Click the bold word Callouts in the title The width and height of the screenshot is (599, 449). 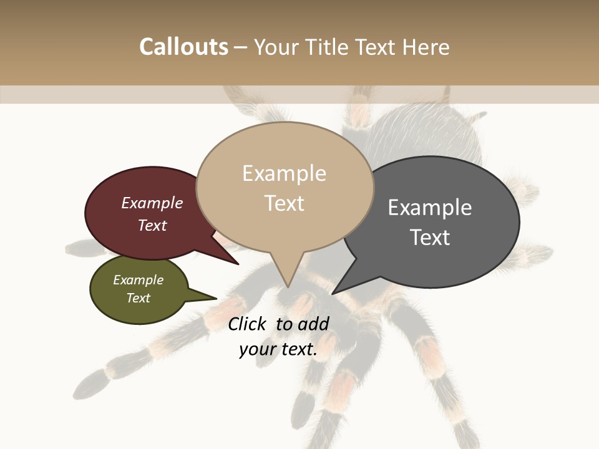tap(183, 47)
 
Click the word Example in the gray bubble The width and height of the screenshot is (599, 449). tap(430, 208)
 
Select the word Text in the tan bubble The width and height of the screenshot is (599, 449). tap(285, 203)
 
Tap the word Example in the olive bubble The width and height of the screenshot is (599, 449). tap(138, 280)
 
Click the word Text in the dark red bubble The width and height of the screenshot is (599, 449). tap(152, 225)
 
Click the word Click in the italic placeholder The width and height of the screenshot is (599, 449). tap(246, 324)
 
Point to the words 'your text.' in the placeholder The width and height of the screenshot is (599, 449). tap(278, 349)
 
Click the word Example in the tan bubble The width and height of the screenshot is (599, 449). tap(284, 173)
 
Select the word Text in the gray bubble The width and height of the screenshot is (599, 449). tap(430, 238)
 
